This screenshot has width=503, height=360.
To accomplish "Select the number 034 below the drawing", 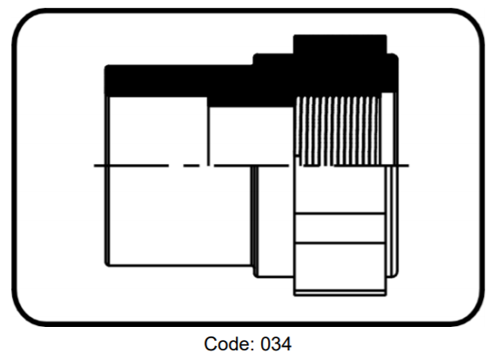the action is [x=276, y=344].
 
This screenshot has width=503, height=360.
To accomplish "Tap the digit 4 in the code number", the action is [x=286, y=344].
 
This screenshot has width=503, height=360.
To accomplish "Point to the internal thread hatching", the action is [x=338, y=130].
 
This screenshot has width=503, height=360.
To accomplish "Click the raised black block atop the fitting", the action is [x=340, y=44].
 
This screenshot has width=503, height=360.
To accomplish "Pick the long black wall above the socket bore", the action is [x=178, y=81].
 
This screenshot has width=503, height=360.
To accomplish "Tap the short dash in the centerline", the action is [x=191, y=166].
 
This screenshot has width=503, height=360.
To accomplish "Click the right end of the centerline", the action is [x=409, y=166].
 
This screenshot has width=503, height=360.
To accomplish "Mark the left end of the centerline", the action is [x=94, y=166].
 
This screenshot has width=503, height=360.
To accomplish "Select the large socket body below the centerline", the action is [x=179, y=216].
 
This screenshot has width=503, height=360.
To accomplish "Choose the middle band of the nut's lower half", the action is [x=339, y=228].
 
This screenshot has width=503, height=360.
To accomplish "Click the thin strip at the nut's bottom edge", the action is [x=340, y=292].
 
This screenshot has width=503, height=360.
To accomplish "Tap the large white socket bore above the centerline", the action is [x=158, y=130].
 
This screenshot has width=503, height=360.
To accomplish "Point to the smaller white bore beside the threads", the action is [x=251, y=136].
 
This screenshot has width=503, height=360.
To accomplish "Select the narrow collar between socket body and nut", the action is [x=274, y=221].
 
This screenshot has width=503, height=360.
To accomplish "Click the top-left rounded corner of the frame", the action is [x=24, y=20].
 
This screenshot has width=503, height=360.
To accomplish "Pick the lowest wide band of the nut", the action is [x=339, y=267].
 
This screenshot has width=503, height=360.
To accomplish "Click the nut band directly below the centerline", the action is [x=339, y=190].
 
